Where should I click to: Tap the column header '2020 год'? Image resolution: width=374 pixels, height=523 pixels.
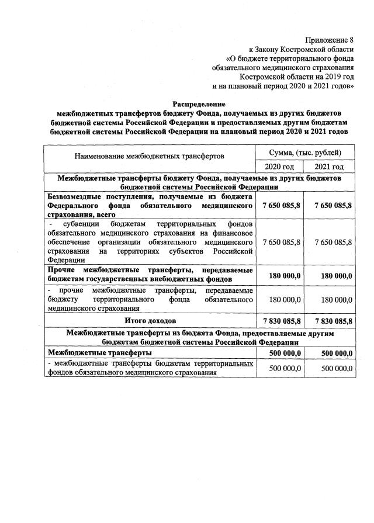tap(279, 167)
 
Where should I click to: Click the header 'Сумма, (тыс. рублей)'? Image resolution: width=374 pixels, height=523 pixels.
tap(304, 153)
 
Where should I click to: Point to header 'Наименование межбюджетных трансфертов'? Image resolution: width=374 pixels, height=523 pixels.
tap(149, 157)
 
